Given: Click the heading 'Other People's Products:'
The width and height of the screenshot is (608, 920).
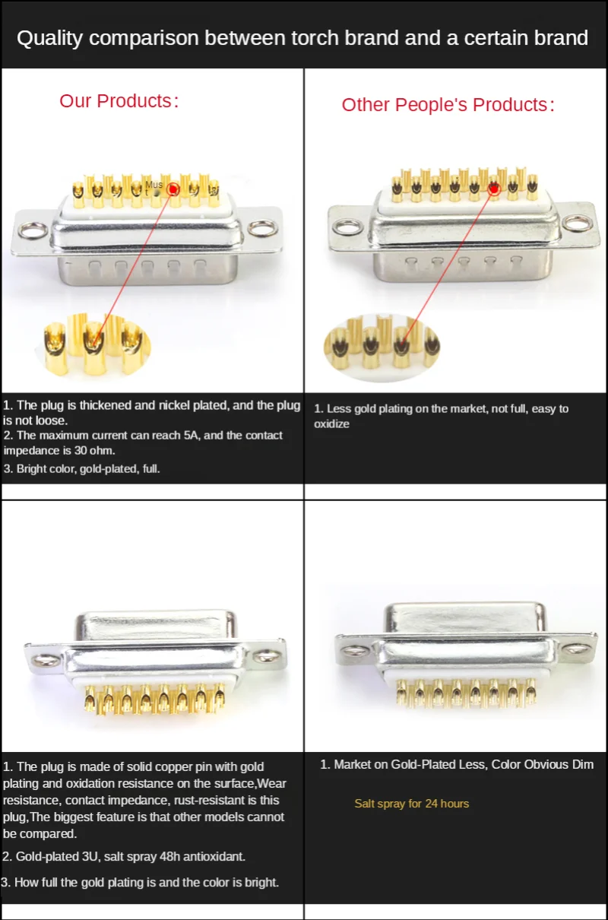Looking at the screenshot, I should (448, 105).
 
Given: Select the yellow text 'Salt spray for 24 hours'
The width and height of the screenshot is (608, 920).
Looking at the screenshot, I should (411, 804).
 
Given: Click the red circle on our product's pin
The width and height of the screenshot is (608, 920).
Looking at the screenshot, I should (174, 189).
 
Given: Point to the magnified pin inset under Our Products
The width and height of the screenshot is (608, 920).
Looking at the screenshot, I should (94, 347).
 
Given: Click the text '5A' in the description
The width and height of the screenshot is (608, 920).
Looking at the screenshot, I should (204, 436).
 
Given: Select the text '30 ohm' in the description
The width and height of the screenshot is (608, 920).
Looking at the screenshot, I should (94, 451).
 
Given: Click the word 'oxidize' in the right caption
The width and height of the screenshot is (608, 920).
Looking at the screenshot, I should (331, 424).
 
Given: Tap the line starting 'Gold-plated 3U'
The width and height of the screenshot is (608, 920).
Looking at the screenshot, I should (124, 857).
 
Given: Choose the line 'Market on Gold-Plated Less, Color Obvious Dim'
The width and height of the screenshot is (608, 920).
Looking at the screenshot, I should (457, 764).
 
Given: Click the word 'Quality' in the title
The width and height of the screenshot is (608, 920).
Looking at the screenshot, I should (49, 38).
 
